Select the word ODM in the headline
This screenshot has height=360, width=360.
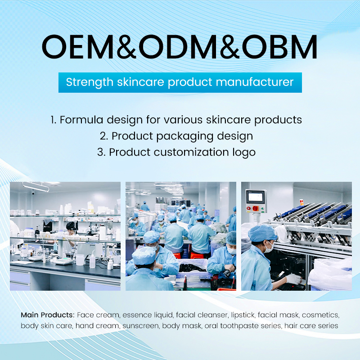click(x=180, y=45)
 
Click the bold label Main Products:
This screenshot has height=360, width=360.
click(x=48, y=314)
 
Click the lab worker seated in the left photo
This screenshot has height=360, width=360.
click(x=71, y=233)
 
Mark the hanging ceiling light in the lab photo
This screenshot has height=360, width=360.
click(x=36, y=186)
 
